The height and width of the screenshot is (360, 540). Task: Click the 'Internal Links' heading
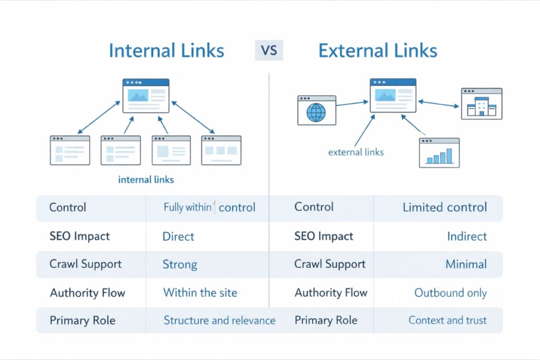coord(166,51)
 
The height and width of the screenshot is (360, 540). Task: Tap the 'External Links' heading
coord(378,51)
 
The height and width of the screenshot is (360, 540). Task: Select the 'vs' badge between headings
coord(269,51)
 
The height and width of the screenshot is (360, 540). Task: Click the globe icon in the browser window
coord(316,112)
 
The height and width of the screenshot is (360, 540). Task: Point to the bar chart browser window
coord(439,153)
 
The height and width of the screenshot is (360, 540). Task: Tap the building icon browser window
coord(481,104)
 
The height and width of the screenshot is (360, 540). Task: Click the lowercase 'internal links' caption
coord(146,180)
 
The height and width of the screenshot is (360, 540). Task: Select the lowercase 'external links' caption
coord(355,152)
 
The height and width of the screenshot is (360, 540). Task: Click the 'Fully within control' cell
coord(209,208)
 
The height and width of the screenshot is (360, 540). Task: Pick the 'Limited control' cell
coord(445,208)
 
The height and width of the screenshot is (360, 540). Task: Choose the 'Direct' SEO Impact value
coord(178,237)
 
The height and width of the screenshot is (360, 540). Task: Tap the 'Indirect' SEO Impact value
coord(467,237)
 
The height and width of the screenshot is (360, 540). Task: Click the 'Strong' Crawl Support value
coord(179,265)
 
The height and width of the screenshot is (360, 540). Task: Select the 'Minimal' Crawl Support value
coord(466,265)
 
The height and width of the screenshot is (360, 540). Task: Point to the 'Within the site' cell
coord(200,293)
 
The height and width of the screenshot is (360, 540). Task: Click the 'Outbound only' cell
coord(450,293)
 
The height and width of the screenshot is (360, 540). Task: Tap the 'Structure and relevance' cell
coord(219,320)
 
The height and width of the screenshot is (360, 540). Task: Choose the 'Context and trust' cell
coord(447,320)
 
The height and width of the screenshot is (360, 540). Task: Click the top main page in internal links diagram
coord(146,96)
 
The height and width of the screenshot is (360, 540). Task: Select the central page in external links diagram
coord(392,95)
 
